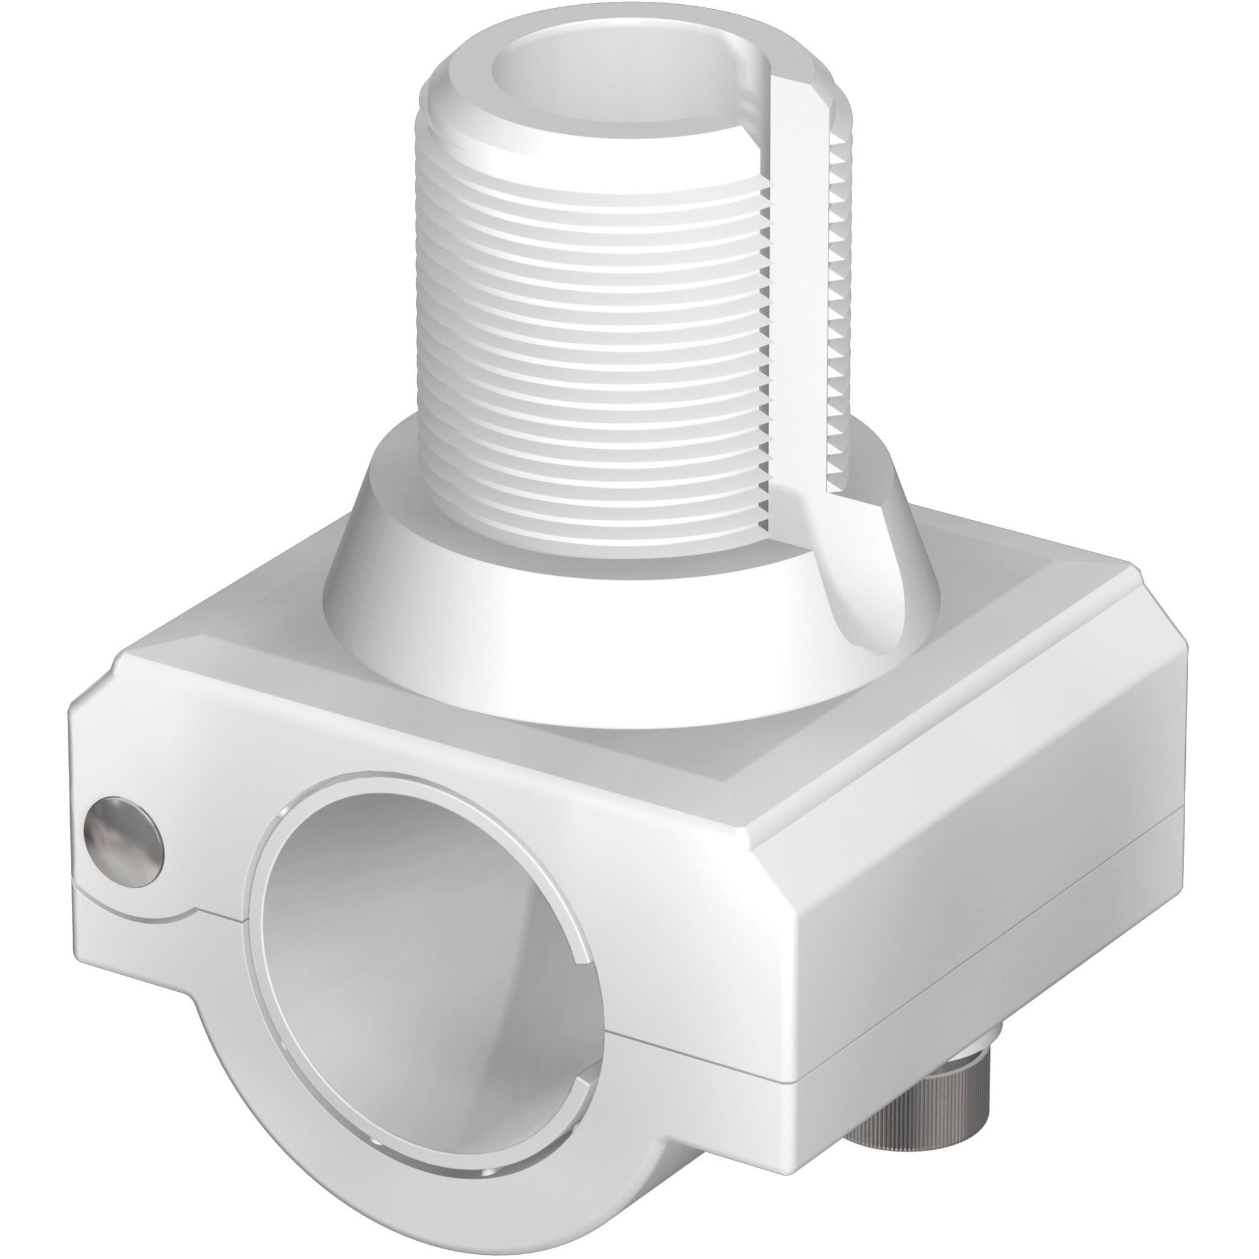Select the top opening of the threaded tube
point(626,91)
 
